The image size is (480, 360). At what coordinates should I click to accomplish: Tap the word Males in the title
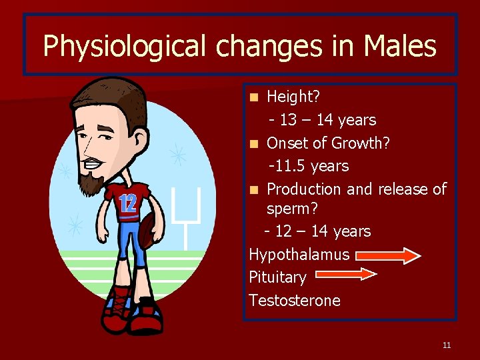click(400, 47)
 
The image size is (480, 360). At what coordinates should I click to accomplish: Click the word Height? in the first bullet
click(293, 97)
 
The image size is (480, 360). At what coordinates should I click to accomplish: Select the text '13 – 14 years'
click(327, 120)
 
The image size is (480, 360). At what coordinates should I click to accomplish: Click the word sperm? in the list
click(292, 209)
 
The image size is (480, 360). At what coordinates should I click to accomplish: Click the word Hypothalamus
click(299, 255)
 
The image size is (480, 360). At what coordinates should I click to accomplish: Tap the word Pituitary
click(277, 277)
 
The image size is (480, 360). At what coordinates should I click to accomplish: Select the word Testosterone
click(294, 301)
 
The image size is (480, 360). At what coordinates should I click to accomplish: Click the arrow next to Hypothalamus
click(388, 255)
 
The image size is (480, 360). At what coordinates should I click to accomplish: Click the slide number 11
click(446, 345)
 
